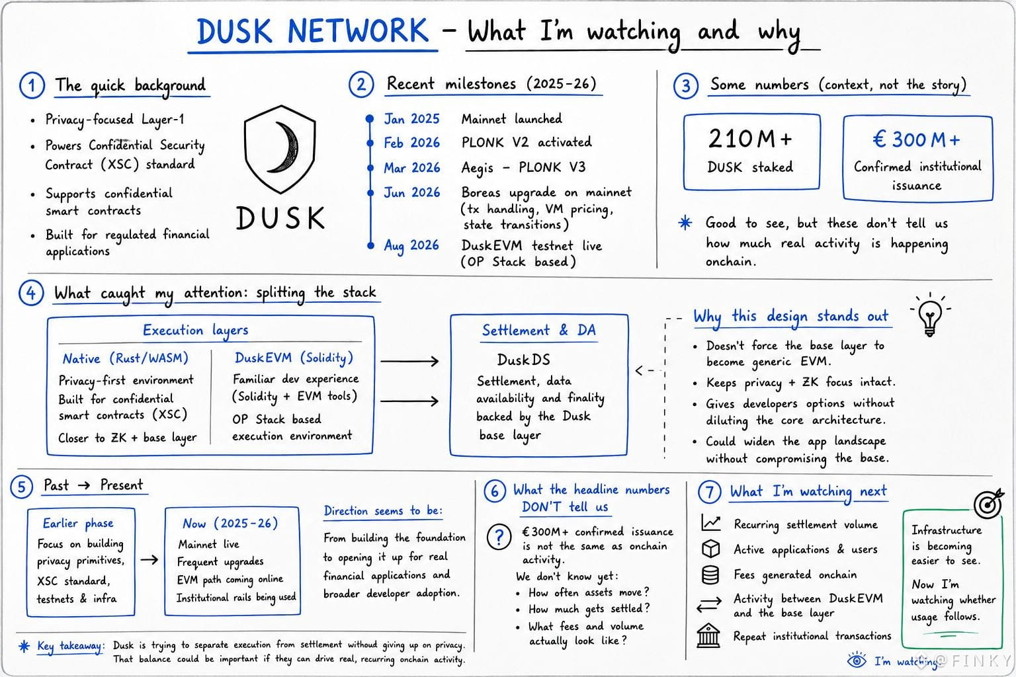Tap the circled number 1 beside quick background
click(x=32, y=85)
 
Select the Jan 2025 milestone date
click(x=411, y=119)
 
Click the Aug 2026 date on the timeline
click(x=411, y=245)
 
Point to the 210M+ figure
click(x=750, y=139)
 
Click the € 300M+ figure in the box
click(x=917, y=139)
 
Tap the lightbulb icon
click(x=930, y=315)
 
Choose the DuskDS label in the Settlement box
click(x=523, y=360)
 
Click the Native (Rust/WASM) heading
click(x=125, y=358)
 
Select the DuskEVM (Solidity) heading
click(x=294, y=358)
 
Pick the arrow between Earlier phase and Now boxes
click(x=149, y=559)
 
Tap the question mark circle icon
click(x=499, y=538)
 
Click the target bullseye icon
click(x=988, y=503)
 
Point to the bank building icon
click(x=708, y=636)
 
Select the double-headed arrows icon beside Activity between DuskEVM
click(x=709, y=604)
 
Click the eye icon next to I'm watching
click(x=857, y=660)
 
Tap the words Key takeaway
click(x=70, y=646)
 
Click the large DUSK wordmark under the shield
click(x=280, y=218)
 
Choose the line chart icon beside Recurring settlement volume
click(x=711, y=523)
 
